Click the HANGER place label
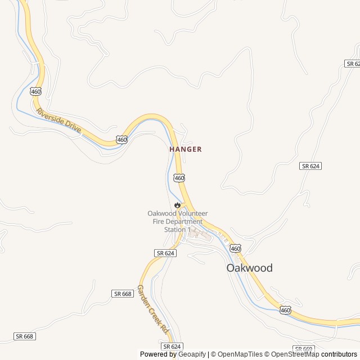[185, 150]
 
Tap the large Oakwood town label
[249, 268]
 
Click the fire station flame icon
[178, 205]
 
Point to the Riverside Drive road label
[58, 120]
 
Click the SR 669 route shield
[303, 349]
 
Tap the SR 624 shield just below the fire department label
[166, 254]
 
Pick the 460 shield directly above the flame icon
[179, 178]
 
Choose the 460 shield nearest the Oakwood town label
[235, 248]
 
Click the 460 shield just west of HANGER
[121, 139]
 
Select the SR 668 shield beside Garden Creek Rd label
[123, 294]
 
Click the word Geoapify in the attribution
[191, 354]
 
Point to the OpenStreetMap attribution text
[295, 354]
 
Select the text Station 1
[178, 229]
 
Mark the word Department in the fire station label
[184, 222]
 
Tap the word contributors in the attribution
[339, 354]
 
